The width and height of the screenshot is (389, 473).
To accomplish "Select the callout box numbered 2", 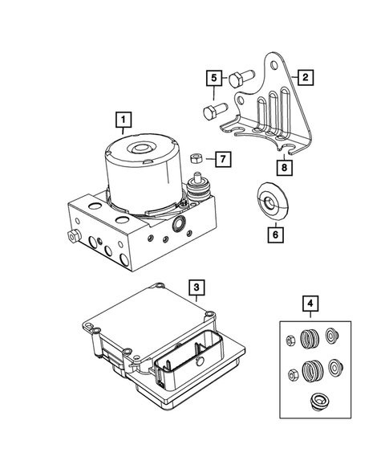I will point(305,78).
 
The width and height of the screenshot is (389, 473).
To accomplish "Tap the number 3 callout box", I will point(196,286).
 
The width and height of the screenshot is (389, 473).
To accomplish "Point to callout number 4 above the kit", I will point(309,304).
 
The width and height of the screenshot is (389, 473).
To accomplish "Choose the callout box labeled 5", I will point(213,78).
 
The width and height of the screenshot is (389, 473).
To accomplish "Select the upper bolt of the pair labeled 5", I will point(239,80).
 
